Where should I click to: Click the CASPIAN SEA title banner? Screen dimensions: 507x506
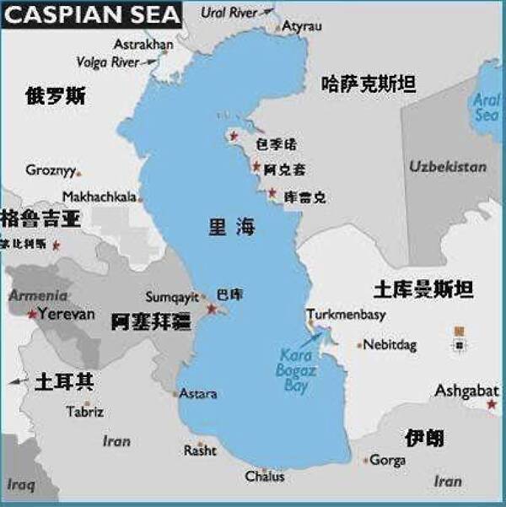pyautogui.click(x=91, y=14)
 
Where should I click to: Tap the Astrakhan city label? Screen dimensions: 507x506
pyautogui.click(x=143, y=44)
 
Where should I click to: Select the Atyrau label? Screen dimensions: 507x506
pyautogui.click(x=302, y=26)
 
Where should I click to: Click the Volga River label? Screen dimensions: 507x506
pyautogui.click(x=106, y=62)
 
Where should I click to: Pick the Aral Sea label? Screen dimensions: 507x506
pyautogui.click(x=487, y=106)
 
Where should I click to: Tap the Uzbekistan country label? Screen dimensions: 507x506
pyautogui.click(x=448, y=166)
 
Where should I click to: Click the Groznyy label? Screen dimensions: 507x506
pyautogui.click(x=51, y=170)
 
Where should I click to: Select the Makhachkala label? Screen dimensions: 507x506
pyautogui.click(x=100, y=197)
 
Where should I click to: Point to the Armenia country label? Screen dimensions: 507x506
pyautogui.click(x=39, y=295)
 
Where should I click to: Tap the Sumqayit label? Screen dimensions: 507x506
pyautogui.click(x=173, y=297)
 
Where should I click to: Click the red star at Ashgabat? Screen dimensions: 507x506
pyautogui.click(x=492, y=406)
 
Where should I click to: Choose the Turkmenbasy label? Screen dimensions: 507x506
pyautogui.click(x=346, y=315)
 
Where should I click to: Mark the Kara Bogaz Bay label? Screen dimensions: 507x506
pyautogui.click(x=294, y=371)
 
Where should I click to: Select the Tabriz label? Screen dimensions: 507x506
pyautogui.click(x=85, y=412)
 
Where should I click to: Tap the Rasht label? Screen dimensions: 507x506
pyautogui.click(x=200, y=451)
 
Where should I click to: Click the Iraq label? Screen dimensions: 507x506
pyautogui.click(x=22, y=484)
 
